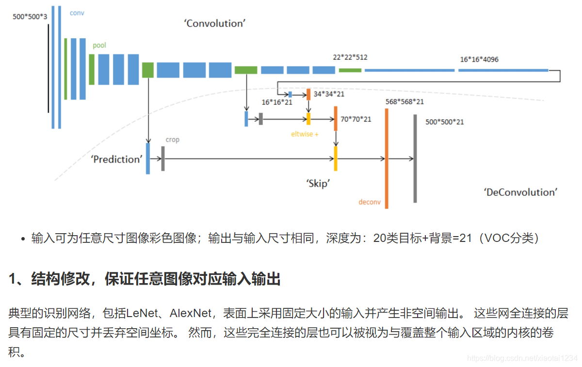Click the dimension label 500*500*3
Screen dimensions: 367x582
pyautogui.click(x=30, y=16)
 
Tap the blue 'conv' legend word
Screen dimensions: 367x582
pyautogui.click(x=77, y=13)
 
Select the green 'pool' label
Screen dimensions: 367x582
pyautogui.click(x=99, y=46)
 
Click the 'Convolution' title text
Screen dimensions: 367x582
pyautogui.click(x=214, y=23)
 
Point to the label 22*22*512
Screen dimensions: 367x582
pyautogui.click(x=350, y=57)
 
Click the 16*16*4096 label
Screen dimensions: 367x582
pyautogui.click(x=479, y=60)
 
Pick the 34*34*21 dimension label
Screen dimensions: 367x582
pyautogui.click(x=329, y=94)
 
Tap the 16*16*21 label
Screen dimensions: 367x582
pyautogui.click(x=277, y=102)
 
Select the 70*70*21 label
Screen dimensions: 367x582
pyautogui.click(x=356, y=119)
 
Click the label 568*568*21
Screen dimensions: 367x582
pyautogui.click(x=405, y=101)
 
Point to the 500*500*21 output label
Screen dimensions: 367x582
pyautogui.click(x=444, y=122)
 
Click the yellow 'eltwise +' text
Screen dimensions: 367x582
pyautogui.click(x=305, y=134)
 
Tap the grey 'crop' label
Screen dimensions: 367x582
pyautogui.click(x=172, y=140)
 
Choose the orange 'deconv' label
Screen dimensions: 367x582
pyautogui.click(x=370, y=202)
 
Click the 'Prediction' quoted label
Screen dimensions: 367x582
pyautogui.click(x=117, y=159)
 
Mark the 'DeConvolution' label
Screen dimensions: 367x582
pyautogui.click(x=520, y=192)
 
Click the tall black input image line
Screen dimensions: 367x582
pyautogui.click(x=48, y=68)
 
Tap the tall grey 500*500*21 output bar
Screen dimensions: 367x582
pyautogui.click(x=415, y=159)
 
